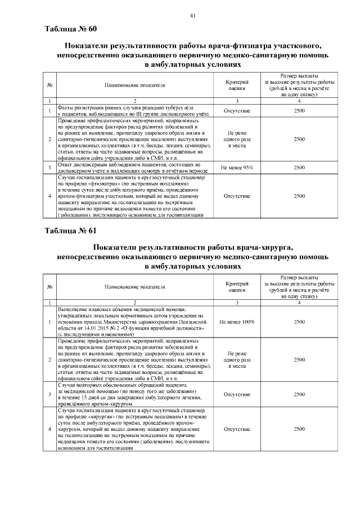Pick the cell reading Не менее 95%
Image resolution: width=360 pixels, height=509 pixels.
tap(237, 168)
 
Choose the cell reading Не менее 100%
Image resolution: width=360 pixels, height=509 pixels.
tap(237, 322)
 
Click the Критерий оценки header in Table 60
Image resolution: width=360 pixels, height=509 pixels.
tap(237, 85)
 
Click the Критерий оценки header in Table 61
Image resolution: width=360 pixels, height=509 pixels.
tap(237, 287)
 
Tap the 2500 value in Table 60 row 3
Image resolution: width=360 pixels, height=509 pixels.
tap(299, 168)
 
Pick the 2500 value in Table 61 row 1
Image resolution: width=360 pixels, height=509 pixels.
tap(299, 322)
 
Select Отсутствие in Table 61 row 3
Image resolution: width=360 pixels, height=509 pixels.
tap(237, 394)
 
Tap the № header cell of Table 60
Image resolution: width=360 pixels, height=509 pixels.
tap(50, 85)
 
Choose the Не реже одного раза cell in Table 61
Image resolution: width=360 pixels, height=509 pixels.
tap(237, 359)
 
